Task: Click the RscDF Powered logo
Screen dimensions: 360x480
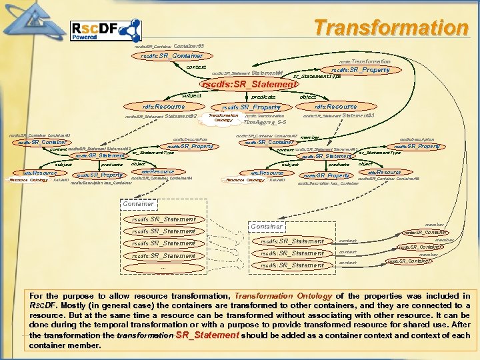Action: tap(105, 31)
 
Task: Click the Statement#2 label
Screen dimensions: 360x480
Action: tap(180, 117)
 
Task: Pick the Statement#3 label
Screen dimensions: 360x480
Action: tap(358, 116)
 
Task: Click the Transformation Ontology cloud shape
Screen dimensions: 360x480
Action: tap(223, 118)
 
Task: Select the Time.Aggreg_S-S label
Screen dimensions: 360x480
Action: tap(265, 123)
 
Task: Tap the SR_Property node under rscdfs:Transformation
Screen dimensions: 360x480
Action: tap(361, 69)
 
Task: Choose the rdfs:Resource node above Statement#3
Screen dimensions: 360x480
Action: tap(336, 106)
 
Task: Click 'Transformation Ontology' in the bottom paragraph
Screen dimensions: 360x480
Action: tap(274, 296)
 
